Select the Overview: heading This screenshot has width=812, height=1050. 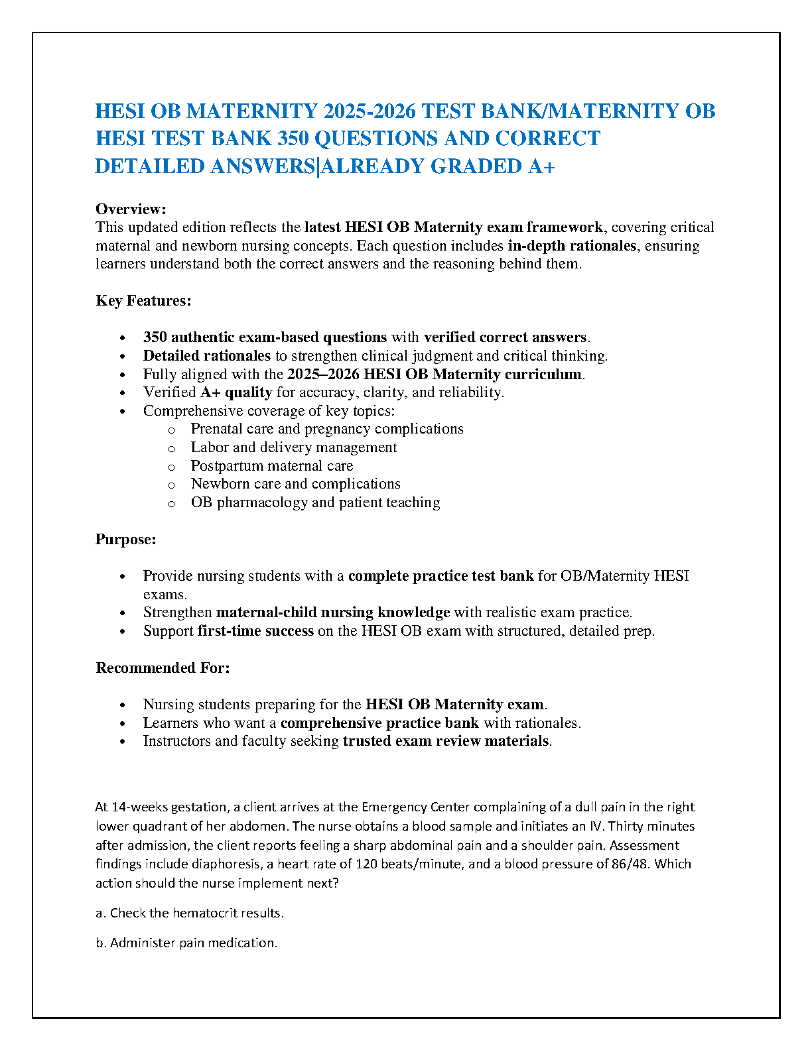point(131,209)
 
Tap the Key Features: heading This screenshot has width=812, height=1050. point(143,300)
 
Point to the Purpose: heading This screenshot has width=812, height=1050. point(126,539)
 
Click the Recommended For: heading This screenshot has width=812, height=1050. point(163,668)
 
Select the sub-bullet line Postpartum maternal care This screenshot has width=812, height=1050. point(272,465)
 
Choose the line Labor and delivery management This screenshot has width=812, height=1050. point(294,447)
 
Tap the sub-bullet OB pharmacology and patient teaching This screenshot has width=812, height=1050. point(315,502)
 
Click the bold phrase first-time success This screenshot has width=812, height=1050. point(255,630)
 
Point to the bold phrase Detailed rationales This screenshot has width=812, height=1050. point(207,355)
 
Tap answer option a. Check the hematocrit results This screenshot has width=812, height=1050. point(190,913)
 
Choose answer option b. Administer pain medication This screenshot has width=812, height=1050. point(186,942)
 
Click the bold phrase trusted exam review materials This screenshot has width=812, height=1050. point(446,740)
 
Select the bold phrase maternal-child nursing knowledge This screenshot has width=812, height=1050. point(333,612)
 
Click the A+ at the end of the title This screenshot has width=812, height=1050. point(541,166)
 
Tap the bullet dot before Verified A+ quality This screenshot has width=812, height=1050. point(123,393)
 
